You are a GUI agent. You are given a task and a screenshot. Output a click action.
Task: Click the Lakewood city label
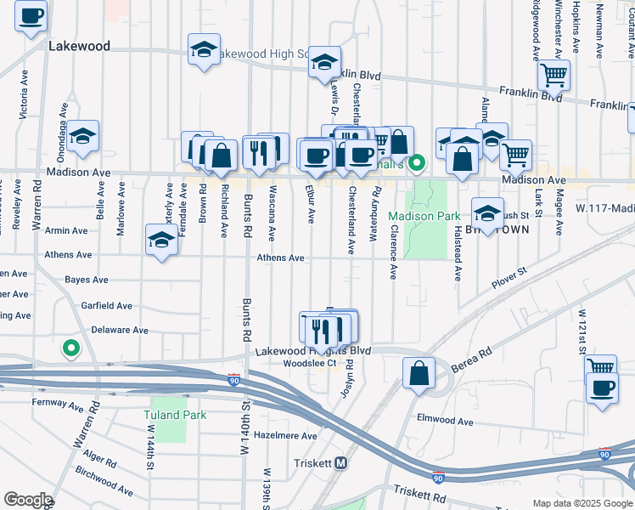coord(80,46)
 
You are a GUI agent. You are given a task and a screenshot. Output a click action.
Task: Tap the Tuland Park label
coord(175,415)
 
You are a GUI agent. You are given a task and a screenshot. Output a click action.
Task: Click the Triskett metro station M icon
coord(341,463)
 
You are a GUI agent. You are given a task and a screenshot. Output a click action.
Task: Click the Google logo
coord(28,500)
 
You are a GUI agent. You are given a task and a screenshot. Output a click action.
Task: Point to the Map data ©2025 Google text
coord(582,503)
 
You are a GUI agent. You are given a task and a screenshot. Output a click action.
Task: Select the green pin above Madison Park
coord(416,163)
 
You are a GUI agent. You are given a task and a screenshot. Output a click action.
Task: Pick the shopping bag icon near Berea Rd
coord(419,373)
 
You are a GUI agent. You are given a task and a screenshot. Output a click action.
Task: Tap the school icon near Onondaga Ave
coord(83,136)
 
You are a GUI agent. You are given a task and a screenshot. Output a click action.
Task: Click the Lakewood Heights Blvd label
coord(312,350)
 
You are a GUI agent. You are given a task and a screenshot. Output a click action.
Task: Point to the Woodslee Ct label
coord(309,362)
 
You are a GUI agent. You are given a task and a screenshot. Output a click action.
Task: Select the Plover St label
coord(509,275)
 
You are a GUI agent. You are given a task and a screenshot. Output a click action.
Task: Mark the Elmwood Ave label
coord(444,420)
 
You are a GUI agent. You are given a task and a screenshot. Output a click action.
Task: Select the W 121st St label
coord(584,326)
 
